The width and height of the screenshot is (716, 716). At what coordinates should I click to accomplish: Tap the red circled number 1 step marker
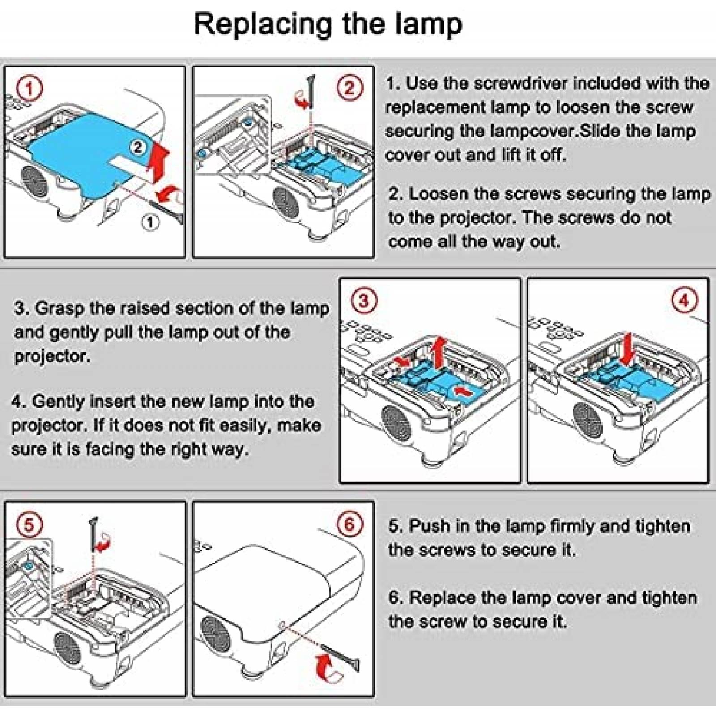coord(29,89)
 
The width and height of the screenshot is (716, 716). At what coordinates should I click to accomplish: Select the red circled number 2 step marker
coord(349,88)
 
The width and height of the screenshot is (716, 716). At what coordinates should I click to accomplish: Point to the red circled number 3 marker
coord(364,300)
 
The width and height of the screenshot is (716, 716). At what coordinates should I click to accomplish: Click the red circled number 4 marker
coord(684,300)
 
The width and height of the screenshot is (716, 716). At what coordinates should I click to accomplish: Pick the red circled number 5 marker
coord(29,524)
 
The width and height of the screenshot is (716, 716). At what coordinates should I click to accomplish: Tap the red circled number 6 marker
coord(349,524)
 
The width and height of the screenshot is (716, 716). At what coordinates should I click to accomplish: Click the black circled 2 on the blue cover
coord(138,147)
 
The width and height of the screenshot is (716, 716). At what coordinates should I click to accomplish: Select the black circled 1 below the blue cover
coord(150,222)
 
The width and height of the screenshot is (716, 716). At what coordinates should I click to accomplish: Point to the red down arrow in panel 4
coord(629,349)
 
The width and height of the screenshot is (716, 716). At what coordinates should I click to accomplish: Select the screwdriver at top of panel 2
coord(311,92)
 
